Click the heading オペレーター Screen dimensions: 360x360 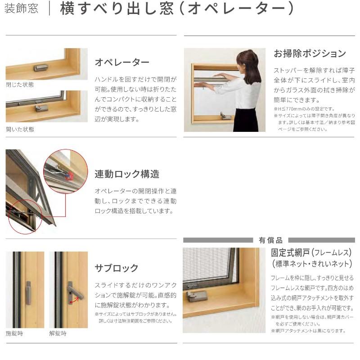pyautogui.click(x=122, y=62)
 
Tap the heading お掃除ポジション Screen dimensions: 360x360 pyautogui.click(x=310, y=54)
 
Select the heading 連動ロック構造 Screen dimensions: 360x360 pyautogui.click(x=127, y=174)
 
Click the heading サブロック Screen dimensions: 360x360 pyautogui.click(x=117, y=268)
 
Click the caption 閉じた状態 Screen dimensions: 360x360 pyautogui.click(x=20, y=84)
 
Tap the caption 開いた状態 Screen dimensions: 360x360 pyautogui.click(x=20, y=129)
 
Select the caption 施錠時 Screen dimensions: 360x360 pyautogui.click(x=14, y=333)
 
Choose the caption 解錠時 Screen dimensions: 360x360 pyautogui.click(x=58, y=333)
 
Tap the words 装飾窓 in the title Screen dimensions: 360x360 pyautogui.click(x=21, y=9)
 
